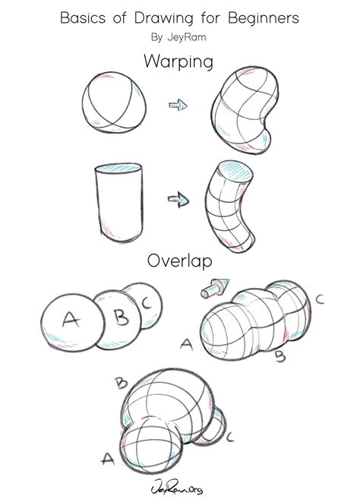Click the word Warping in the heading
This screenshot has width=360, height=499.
(179, 61)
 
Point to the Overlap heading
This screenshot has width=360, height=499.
(179, 261)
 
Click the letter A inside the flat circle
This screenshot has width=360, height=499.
(70, 320)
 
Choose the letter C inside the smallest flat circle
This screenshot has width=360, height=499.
(146, 303)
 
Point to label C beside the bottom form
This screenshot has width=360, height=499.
(229, 437)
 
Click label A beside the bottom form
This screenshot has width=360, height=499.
(107, 459)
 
